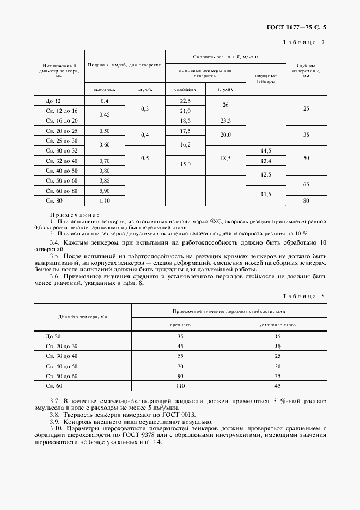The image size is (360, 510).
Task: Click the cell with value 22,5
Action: coord(185,101)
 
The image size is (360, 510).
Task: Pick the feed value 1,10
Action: coord(105,201)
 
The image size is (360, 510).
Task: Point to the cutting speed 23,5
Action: coord(225,120)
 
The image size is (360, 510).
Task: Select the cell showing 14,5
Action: coord(266,150)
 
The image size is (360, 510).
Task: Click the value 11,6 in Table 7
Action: coord(266,194)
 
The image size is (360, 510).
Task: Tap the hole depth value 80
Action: coord(306,201)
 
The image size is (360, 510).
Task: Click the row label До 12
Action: coord(53,101)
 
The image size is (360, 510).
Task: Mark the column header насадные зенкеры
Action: coord(266,78)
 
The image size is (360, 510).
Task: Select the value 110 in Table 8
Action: coord(180,385)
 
